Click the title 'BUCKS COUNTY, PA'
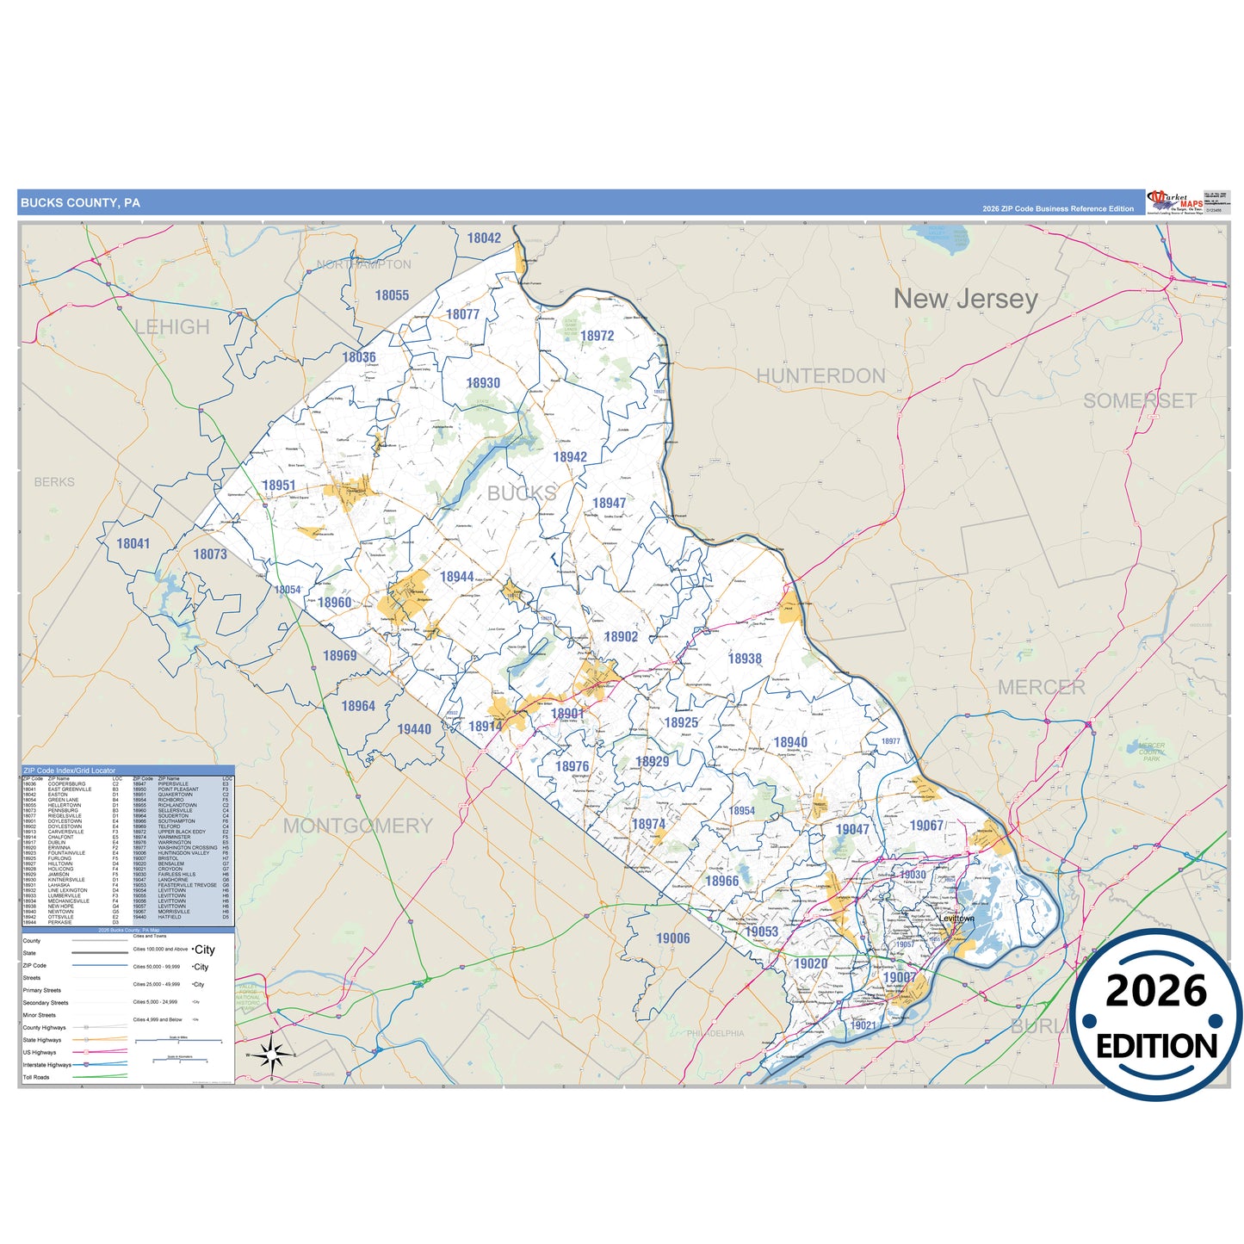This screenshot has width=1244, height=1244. click(80, 203)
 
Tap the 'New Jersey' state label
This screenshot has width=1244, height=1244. click(965, 299)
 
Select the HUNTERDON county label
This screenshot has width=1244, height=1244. click(820, 376)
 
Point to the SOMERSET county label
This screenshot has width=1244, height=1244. click(1139, 401)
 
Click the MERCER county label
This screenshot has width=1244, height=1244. click(1041, 688)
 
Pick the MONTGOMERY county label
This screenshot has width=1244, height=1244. click(357, 826)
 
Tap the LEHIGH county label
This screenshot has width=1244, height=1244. click(172, 327)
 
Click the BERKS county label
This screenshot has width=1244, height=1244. click(54, 482)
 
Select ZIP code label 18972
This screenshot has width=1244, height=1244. click(597, 337)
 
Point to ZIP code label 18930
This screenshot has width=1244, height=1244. click(483, 383)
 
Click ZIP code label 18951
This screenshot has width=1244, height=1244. click(278, 486)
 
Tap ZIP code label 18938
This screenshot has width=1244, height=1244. click(745, 659)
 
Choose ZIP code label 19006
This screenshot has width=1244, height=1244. click(672, 938)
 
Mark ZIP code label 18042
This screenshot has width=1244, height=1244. click(484, 238)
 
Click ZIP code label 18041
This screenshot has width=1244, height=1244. click(133, 544)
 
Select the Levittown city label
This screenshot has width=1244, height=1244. click(956, 919)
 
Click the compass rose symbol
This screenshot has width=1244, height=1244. click(271, 1053)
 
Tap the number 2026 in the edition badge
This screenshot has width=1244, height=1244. click(1155, 992)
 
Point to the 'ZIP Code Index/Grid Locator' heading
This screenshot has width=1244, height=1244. click(69, 771)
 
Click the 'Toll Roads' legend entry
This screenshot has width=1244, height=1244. click(36, 1077)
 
